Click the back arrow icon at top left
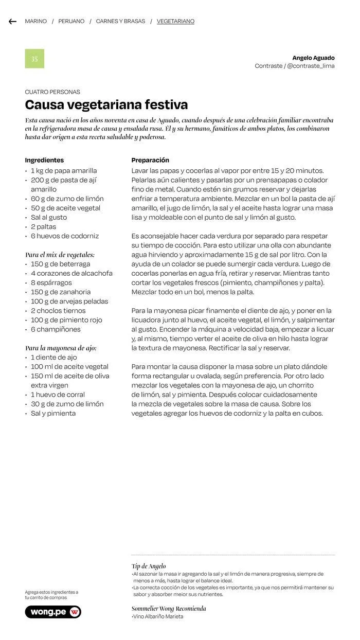pyautogui.click(x=12, y=22)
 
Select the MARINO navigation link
pyautogui.click(x=35, y=22)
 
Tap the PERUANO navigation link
pyautogui.click(x=71, y=22)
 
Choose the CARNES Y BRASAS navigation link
pyautogui.click(x=120, y=22)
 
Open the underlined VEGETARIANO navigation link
pyautogui.click(x=175, y=22)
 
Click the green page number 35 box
pyautogui.click(x=34, y=59)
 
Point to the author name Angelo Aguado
pyautogui.click(x=313, y=58)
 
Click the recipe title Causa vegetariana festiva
pyautogui.click(x=106, y=105)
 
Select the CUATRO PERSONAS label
pyautogui.click(x=52, y=92)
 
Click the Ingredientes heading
pyautogui.click(x=44, y=161)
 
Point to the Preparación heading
pyautogui.click(x=150, y=161)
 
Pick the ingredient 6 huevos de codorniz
pyautogui.click(x=64, y=236)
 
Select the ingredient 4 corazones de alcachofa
pyautogui.click(x=71, y=273)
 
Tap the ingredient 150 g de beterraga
pyautogui.click(x=60, y=264)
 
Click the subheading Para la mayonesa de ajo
pyautogui.click(x=61, y=348)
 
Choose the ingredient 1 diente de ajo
pyautogui.click(x=53, y=358)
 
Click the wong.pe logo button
pyautogui.click(x=53, y=612)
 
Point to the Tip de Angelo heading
pyautogui.click(x=149, y=566)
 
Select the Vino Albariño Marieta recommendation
pyautogui.click(x=157, y=617)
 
